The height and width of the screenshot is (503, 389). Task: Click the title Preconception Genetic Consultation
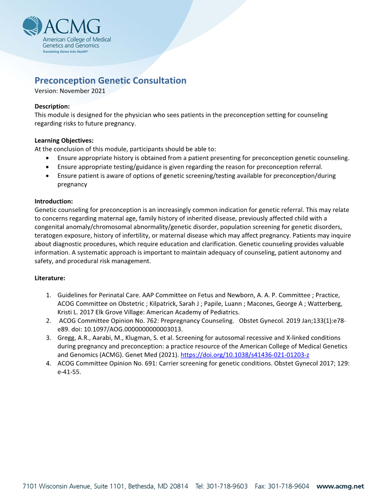111,80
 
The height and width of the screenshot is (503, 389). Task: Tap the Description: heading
52,106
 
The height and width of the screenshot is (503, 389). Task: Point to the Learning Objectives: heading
64,141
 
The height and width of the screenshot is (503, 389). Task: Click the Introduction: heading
54,201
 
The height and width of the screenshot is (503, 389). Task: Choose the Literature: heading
50,277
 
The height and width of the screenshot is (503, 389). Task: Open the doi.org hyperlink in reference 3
245,355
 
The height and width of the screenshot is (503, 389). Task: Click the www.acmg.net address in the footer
340,486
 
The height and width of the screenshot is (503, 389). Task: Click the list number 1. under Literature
49,295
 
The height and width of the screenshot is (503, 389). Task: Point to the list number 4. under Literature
49,363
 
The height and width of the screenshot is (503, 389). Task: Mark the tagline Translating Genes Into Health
65,50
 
